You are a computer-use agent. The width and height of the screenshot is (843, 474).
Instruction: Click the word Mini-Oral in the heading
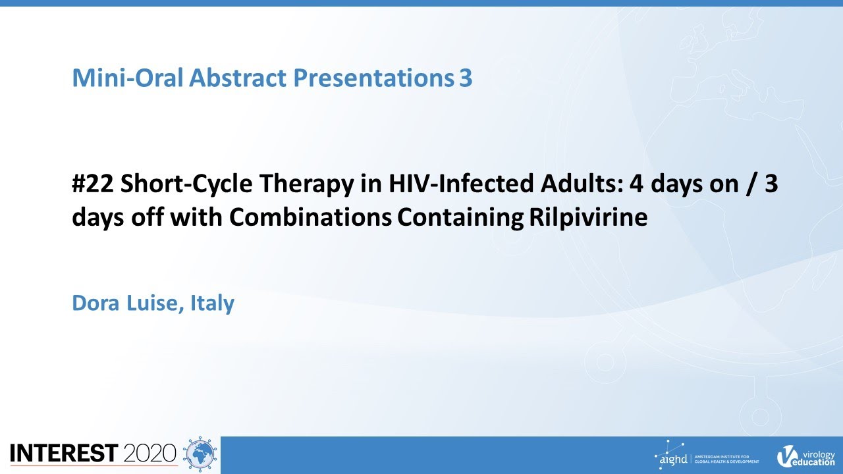point(128,78)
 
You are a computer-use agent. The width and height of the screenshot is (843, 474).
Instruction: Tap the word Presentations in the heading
point(373,78)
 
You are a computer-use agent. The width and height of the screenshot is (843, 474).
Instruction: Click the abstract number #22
point(93,184)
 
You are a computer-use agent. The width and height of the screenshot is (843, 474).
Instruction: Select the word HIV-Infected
point(461,184)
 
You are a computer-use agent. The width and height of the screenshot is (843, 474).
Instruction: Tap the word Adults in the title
point(582,184)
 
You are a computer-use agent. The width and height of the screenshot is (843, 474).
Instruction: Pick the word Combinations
point(310,217)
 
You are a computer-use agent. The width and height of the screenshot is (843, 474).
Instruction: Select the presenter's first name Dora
point(95,303)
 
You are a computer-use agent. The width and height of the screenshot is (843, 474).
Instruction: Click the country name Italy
point(212,304)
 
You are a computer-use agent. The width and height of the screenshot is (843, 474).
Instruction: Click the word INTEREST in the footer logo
point(64,453)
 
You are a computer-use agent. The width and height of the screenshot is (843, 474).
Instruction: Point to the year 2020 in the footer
point(150,453)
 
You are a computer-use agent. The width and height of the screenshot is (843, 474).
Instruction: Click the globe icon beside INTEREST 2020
point(200,454)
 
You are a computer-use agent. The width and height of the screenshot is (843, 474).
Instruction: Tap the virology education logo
point(805,456)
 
